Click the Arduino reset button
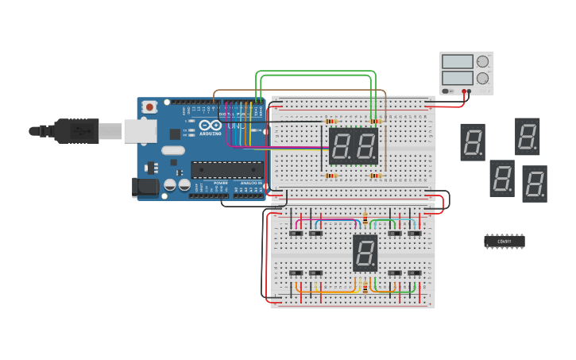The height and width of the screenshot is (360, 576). (x=149, y=107)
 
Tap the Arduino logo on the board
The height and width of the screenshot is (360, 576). (x=210, y=126)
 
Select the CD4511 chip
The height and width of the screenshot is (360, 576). (x=504, y=241)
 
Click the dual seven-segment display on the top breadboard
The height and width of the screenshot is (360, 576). (x=354, y=145)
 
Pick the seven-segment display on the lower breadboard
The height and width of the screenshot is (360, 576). (x=365, y=253)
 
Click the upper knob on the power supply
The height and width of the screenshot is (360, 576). (x=482, y=62)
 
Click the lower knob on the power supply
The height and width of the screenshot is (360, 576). (x=482, y=78)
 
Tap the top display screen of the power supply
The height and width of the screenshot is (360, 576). (x=457, y=62)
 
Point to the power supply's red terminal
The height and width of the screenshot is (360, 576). (x=464, y=91)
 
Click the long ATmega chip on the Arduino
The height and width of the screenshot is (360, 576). (x=227, y=169)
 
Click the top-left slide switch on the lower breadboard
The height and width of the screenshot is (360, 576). (x=296, y=233)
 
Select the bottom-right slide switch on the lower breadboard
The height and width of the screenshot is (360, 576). (x=414, y=273)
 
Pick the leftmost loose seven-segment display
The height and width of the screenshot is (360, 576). (x=473, y=141)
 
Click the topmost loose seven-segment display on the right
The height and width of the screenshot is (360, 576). (x=528, y=136)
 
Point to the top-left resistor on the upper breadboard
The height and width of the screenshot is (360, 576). (x=331, y=121)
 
